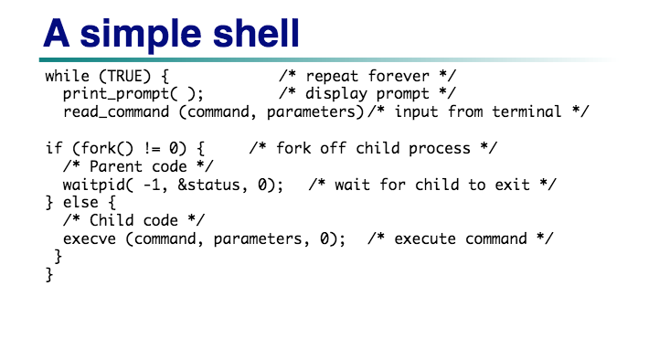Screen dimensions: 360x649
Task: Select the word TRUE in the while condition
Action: tap(123, 76)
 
